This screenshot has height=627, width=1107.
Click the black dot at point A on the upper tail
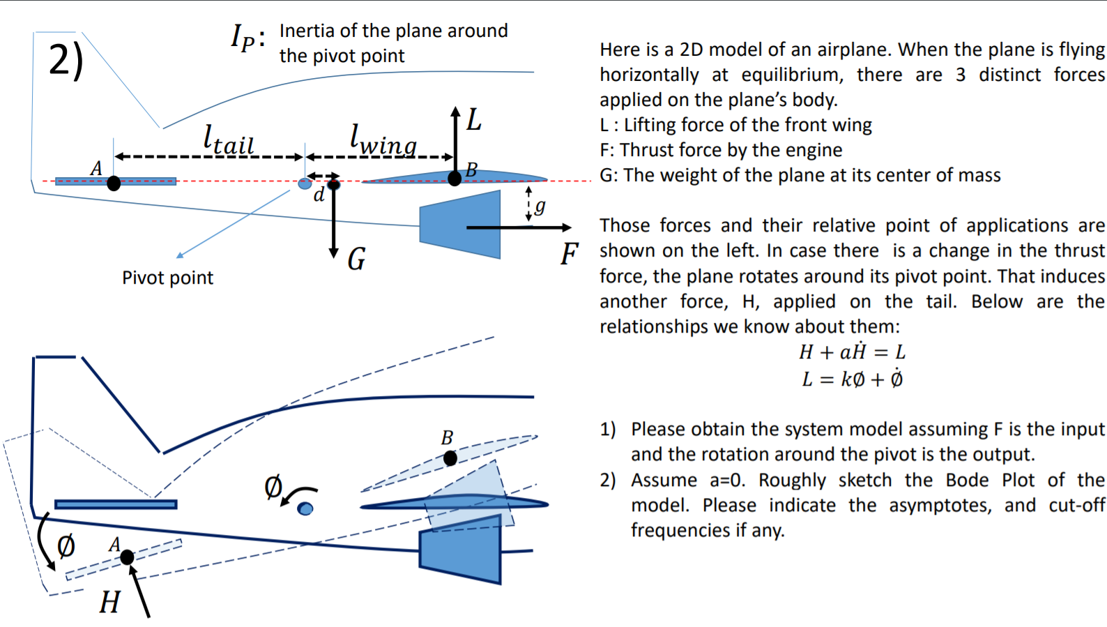pyautogui.click(x=114, y=183)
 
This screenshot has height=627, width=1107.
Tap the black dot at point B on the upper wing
pyautogui.click(x=455, y=179)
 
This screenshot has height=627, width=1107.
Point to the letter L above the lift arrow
pyautogui.click(x=474, y=120)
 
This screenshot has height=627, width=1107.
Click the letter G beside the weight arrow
pyautogui.click(x=356, y=259)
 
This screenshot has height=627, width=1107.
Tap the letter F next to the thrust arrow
pyautogui.click(x=570, y=254)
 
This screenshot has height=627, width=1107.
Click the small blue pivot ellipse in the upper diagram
pyautogui.click(x=305, y=183)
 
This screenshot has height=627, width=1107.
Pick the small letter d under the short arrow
pyautogui.click(x=319, y=195)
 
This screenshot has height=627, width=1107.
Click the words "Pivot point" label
pyautogui.click(x=167, y=278)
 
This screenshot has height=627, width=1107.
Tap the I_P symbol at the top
pyautogui.click(x=245, y=36)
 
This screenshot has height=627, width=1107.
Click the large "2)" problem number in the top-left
pyautogui.click(x=66, y=60)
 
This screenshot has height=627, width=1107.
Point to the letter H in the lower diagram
pyautogui.click(x=109, y=601)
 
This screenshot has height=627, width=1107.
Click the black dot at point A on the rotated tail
pyautogui.click(x=127, y=557)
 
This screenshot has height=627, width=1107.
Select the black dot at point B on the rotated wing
pyautogui.click(x=450, y=458)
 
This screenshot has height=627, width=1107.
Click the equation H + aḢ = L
pyautogui.click(x=851, y=352)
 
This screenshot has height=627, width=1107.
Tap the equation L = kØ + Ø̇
pyautogui.click(x=851, y=379)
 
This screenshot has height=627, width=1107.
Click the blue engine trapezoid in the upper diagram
pyautogui.click(x=460, y=224)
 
